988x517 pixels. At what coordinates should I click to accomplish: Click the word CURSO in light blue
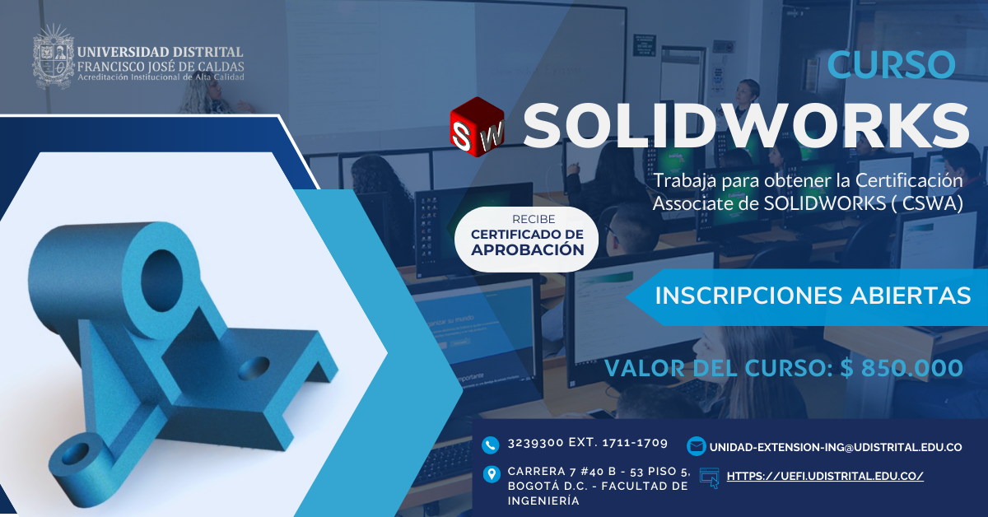pos(891,64)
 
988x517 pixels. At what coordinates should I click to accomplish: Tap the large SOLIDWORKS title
pos(746,126)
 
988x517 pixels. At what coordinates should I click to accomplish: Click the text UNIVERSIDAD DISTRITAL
pos(160,52)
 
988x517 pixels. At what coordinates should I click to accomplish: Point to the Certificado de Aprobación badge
pos(527,240)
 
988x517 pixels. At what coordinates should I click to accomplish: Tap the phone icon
pos(492,445)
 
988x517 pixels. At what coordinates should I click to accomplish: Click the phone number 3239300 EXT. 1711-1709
pos(587,443)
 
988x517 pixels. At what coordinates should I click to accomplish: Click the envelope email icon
pos(696,446)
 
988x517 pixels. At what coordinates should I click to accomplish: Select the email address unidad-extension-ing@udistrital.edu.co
pos(835,447)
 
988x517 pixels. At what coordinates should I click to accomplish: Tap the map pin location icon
pos(492,474)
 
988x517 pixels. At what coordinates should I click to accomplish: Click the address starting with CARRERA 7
pos(598,486)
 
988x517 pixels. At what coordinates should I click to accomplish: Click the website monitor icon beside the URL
pos(709,477)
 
